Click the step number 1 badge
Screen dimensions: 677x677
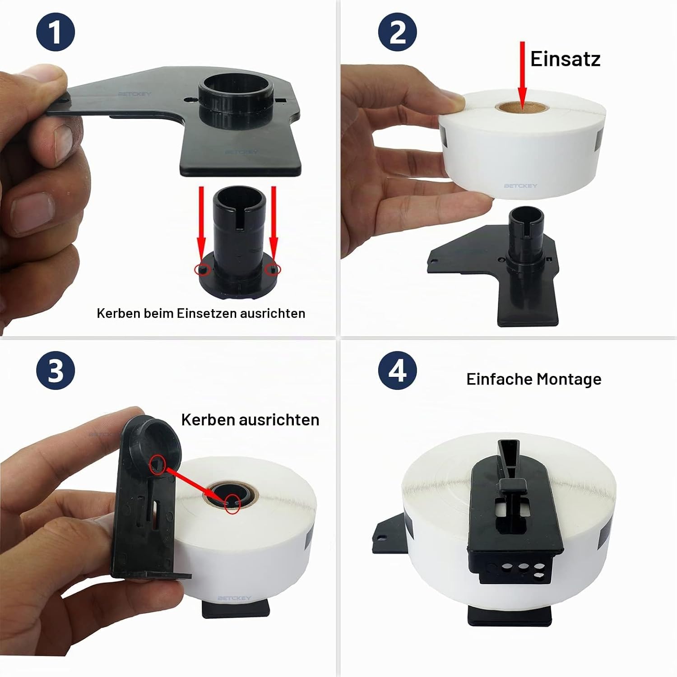click(55, 32)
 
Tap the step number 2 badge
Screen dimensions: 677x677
click(397, 32)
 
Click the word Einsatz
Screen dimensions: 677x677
click(565, 59)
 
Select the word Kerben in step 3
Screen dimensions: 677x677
click(208, 420)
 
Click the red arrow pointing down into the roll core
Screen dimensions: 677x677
click(522, 76)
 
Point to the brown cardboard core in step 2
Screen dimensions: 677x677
click(522, 107)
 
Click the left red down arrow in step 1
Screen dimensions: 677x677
click(201, 226)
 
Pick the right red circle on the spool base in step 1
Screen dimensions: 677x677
click(273, 269)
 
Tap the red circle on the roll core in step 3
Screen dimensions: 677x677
click(232, 503)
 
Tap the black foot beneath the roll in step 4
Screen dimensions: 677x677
click(510, 616)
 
